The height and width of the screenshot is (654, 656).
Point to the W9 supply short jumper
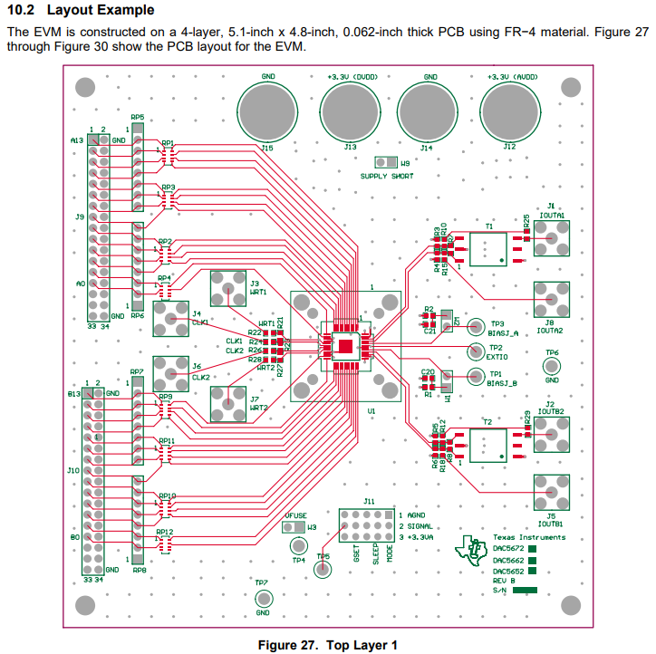(387, 162)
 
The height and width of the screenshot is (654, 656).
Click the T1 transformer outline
(488, 245)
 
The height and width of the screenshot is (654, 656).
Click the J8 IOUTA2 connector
(552, 300)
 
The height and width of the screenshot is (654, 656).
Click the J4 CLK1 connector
(170, 319)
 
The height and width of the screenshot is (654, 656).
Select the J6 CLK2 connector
(170, 372)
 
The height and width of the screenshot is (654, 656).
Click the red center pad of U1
(345, 345)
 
